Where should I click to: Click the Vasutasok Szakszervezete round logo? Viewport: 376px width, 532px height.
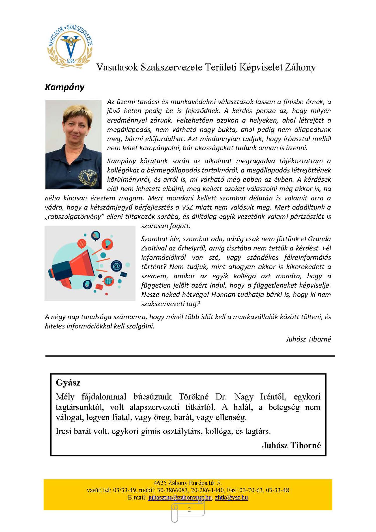pos(70,46)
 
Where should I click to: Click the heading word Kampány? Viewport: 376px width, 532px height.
pos(64,87)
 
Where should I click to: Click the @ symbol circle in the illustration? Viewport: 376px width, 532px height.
pos(116,266)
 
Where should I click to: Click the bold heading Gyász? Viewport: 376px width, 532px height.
pos(68,382)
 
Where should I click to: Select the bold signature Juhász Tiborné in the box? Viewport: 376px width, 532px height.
pos(291,445)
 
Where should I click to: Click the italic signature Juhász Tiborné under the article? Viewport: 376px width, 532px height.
pos(308,339)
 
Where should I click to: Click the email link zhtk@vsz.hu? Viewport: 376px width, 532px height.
pos(231,497)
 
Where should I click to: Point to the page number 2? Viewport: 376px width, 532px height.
pos(189,509)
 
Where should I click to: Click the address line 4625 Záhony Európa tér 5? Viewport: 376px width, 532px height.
pos(188,483)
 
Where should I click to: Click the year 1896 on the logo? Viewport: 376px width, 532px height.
pos(70,61)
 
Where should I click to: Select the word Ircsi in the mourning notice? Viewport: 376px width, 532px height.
pos(64,431)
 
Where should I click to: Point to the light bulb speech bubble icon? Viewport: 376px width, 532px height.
pos(107,244)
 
